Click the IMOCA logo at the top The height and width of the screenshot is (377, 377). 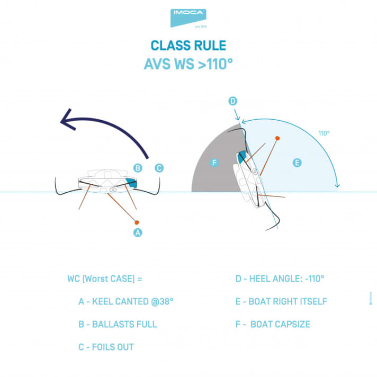pyautogui.click(x=188, y=17)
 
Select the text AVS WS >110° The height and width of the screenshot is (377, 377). pyautogui.click(x=188, y=64)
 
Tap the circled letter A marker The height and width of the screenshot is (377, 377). pyautogui.click(x=138, y=232)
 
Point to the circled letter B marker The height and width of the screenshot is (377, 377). pyautogui.click(x=138, y=168)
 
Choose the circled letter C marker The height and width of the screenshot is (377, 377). pyautogui.click(x=159, y=168)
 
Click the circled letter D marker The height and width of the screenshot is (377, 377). pyautogui.click(x=232, y=101)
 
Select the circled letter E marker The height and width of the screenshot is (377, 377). pyautogui.click(x=297, y=163)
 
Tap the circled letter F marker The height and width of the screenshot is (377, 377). pyautogui.click(x=214, y=163)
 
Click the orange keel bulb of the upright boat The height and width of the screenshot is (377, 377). pyautogui.click(x=137, y=221)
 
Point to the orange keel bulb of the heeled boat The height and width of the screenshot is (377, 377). pyautogui.click(x=277, y=138)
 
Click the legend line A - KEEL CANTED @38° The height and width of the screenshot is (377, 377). pyautogui.click(x=125, y=301)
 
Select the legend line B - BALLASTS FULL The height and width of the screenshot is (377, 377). pyautogui.click(x=117, y=324)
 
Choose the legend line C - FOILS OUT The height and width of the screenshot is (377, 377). pyautogui.click(x=105, y=347)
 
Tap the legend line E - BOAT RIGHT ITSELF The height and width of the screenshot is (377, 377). pyautogui.click(x=281, y=301)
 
